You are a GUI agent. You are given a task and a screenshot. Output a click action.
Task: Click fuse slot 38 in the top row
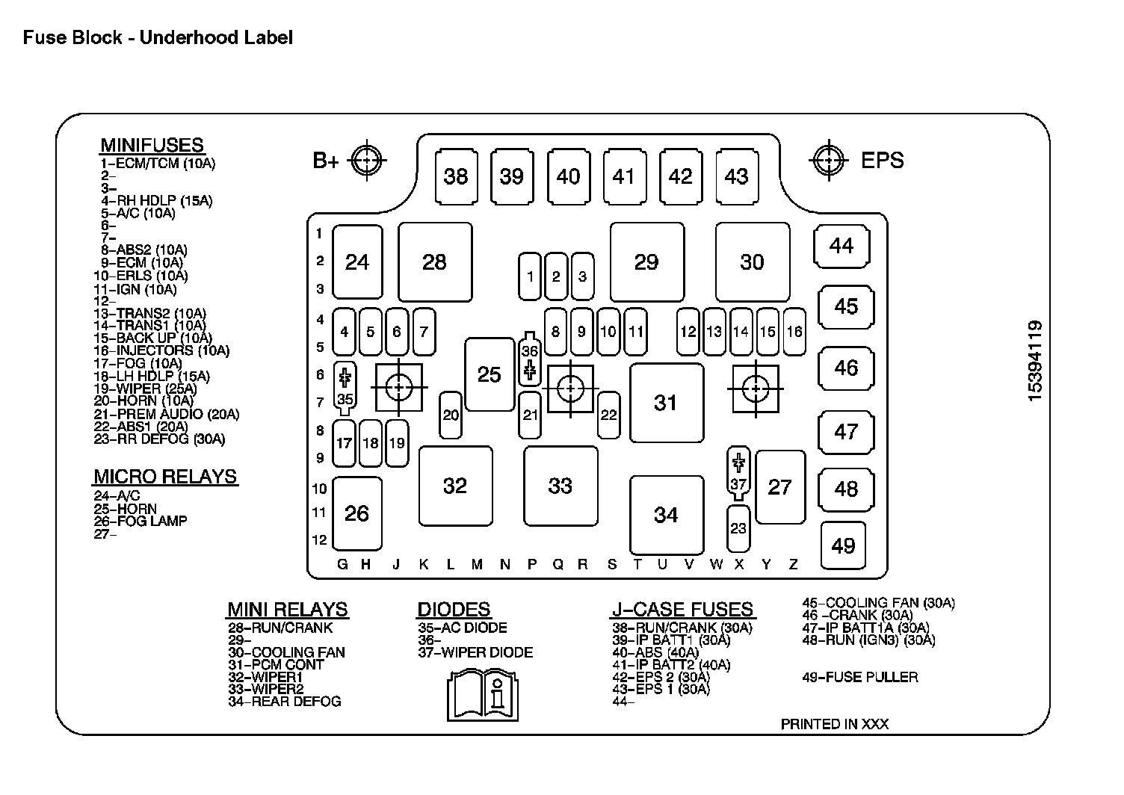pos(456,176)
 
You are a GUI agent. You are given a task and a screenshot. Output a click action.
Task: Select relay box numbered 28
pos(435,262)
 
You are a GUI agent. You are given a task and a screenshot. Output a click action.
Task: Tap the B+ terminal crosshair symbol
pos(367,159)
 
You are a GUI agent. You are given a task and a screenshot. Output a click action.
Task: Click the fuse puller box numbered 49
pos(843,545)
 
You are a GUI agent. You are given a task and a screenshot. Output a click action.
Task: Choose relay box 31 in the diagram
pos(666,403)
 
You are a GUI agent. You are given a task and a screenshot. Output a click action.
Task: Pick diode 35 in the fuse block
pos(345,387)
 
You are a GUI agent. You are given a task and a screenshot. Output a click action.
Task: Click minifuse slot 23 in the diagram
pos(738,528)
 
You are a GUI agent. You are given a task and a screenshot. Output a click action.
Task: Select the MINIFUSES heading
pos(152,145)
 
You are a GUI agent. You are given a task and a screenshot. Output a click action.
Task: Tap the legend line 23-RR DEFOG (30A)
pos(159,439)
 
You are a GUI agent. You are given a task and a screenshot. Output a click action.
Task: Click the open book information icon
pos(483,695)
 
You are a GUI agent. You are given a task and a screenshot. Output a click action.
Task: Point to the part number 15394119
pos(1035,361)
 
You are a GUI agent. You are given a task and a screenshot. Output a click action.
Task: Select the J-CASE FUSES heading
pos(682,610)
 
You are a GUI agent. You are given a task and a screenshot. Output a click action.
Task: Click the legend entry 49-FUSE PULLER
pos(859,678)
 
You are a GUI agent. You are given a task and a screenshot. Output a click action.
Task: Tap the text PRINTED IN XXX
pos(834,724)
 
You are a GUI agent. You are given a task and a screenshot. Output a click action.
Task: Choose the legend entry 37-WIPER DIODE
pos(475,652)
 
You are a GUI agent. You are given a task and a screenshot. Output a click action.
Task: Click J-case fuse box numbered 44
pos(842,246)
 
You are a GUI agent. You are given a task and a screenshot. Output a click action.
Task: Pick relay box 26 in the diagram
pos(357,513)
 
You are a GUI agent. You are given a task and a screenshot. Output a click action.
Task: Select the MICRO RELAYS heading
pos(165,477)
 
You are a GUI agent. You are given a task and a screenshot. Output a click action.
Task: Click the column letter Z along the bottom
pos(794,565)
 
